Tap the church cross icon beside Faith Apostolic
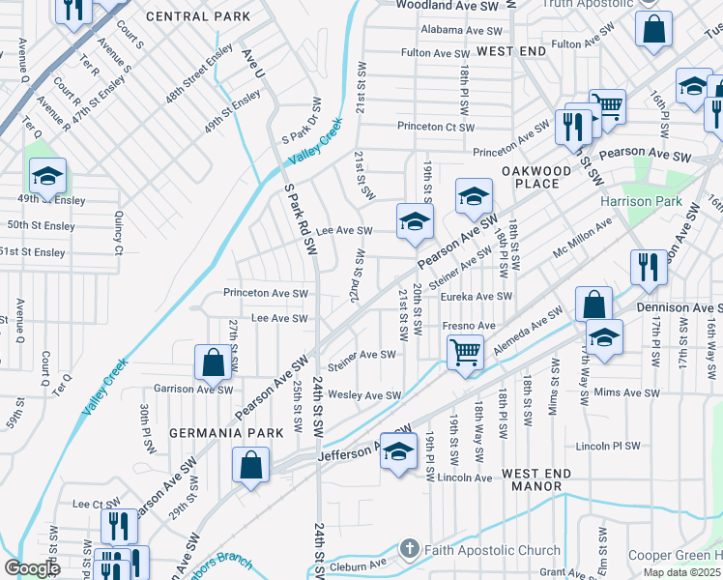[x=409, y=549]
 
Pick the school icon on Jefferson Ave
[x=398, y=450]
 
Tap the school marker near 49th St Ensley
[x=47, y=176]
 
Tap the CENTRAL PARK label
[x=198, y=16]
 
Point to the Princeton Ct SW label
[x=436, y=127]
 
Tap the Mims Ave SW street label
[x=626, y=392]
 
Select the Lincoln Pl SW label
[x=607, y=446]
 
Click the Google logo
[x=32, y=569]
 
